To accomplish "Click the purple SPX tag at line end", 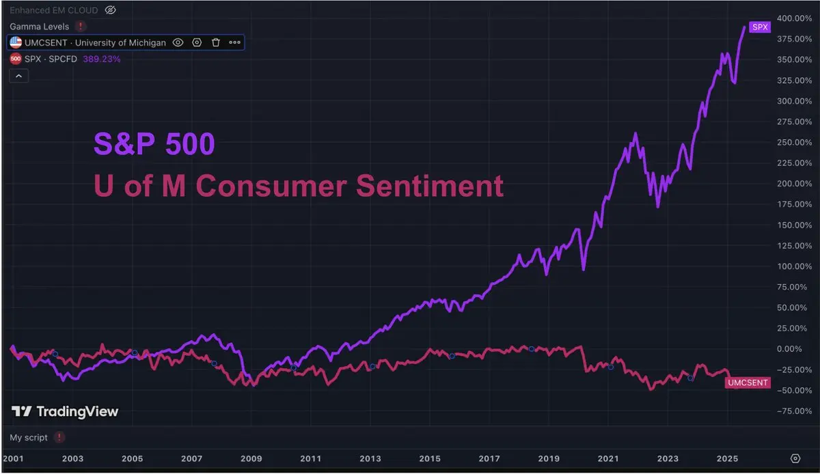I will coord(760,27).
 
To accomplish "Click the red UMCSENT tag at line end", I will coord(747,384).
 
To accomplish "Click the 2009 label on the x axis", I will coord(251,458).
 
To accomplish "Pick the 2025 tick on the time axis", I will coord(727,458).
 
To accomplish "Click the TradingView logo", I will coord(65,411).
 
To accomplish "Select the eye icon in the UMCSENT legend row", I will coord(178,42).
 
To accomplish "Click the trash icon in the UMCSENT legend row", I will coord(216,42).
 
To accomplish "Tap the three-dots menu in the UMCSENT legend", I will coord(235,42).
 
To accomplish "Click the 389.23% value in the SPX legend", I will coord(102,59).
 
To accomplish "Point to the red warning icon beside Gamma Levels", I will coord(81,26).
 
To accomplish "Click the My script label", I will coord(29,437).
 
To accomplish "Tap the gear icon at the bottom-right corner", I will coord(795,458).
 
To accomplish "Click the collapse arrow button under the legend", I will coord(18,76).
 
